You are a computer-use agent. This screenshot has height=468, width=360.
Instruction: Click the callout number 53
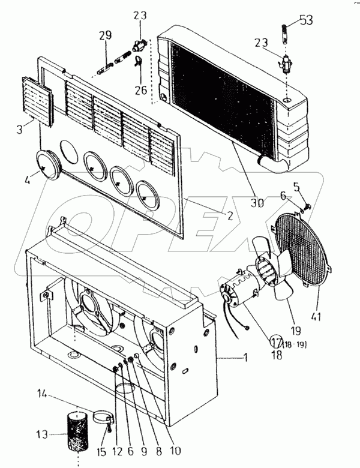306,20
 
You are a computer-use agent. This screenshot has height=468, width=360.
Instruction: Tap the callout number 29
105,35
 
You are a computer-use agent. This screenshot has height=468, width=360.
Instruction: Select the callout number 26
141,89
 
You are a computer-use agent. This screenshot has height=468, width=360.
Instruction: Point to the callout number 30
257,203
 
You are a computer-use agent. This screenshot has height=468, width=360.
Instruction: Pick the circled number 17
276,341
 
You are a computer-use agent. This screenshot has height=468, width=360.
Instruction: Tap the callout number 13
42,434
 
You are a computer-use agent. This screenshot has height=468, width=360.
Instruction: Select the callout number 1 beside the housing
245,357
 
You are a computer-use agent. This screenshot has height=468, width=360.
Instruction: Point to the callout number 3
19,130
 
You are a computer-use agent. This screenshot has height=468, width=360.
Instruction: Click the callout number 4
28,179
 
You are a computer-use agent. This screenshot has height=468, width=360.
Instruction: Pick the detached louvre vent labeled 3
38,101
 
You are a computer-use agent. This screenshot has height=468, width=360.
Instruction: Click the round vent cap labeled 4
48,165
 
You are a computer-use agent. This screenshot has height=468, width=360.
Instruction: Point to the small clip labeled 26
138,61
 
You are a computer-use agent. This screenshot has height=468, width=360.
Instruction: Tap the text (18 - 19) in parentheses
295,344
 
